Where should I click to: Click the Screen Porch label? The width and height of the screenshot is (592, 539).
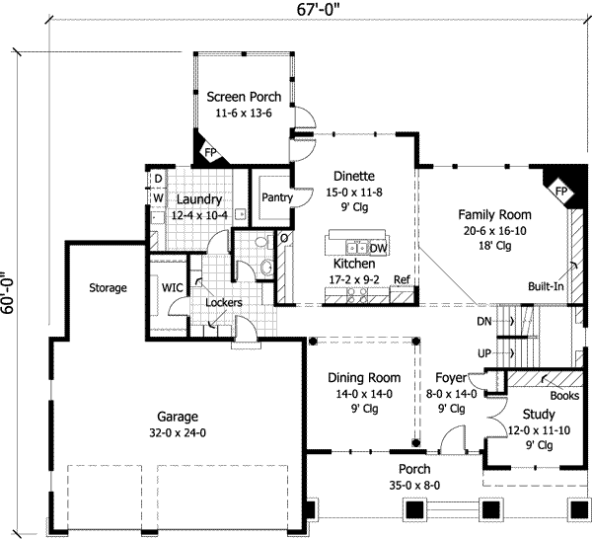[244, 97]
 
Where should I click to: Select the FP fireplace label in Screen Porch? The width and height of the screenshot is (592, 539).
[211, 152]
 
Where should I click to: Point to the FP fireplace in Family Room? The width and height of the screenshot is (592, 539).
[559, 190]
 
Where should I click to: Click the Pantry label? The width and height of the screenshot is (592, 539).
[277, 197]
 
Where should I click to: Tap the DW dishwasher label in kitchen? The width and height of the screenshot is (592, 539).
[379, 249]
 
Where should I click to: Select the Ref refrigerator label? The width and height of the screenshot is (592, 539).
[402, 280]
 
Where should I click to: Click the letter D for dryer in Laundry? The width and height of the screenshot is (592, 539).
[156, 179]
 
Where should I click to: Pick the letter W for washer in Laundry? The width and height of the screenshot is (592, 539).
[156, 196]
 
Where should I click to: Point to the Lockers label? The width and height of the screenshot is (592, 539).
[224, 302]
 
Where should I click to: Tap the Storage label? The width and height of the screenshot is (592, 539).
[108, 288]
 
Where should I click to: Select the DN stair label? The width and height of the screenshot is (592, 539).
[483, 322]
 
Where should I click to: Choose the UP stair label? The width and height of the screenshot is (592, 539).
[483, 352]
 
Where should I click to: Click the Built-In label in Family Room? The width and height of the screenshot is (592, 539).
[546, 284]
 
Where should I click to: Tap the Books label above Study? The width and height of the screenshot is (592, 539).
[564, 395]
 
